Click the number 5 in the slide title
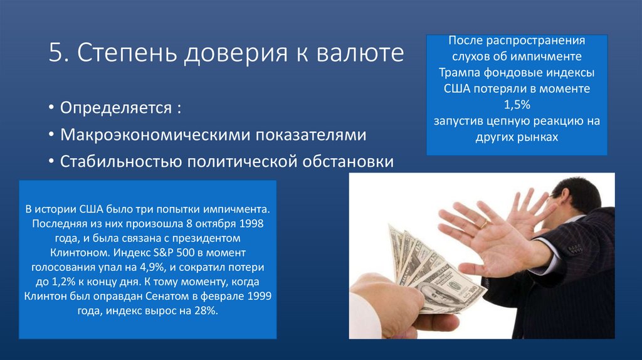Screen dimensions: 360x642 55,55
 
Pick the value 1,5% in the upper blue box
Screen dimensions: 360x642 517,103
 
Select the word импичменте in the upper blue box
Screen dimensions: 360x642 550,56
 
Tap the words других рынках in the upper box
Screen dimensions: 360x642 517,136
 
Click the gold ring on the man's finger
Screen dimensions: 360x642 483,223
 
